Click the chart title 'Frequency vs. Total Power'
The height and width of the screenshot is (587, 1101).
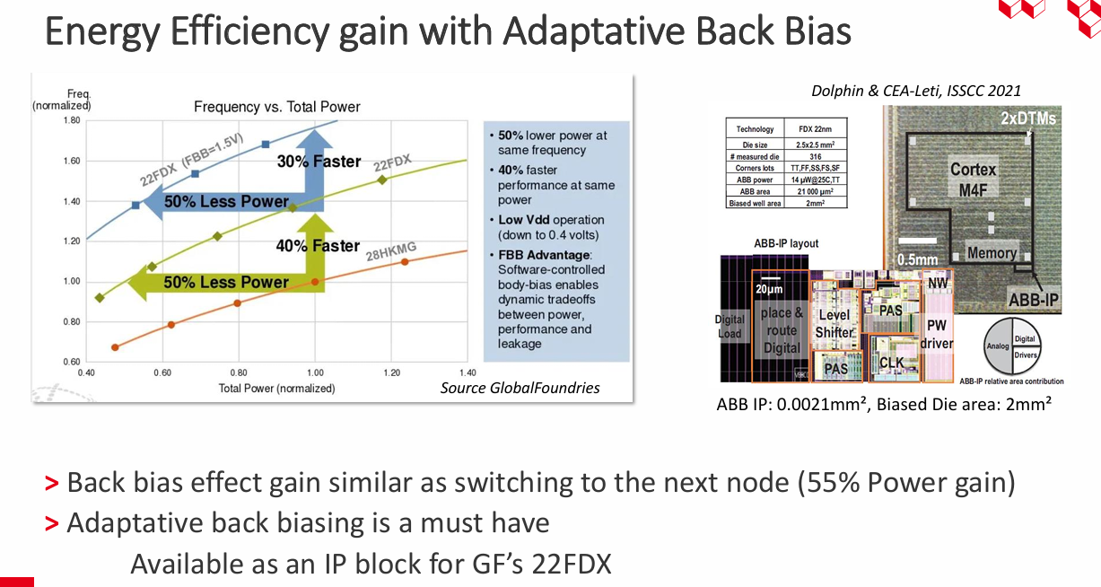pyautogui.click(x=277, y=107)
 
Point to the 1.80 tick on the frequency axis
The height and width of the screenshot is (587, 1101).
pyautogui.click(x=69, y=120)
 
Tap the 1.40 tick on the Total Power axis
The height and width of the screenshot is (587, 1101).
pyautogui.click(x=467, y=372)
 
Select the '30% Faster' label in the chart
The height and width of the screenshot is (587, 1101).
pyautogui.click(x=319, y=162)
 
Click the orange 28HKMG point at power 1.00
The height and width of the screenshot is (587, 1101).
pyautogui.click(x=315, y=282)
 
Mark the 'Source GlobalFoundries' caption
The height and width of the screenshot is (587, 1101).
pyautogui.click(x=520, y=388)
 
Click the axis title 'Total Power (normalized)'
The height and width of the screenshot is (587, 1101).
pyautogui.click(x=276, y=389)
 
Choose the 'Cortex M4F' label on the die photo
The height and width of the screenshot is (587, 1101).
pyautogui.click(x=973, y=178)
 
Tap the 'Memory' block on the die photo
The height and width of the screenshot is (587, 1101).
pyautogui.click(x=992, y=253)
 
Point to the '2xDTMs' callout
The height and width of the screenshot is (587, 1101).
pyautogui.click(x=1028, y=118)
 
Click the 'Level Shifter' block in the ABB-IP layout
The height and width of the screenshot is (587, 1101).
pyautogui.click(x=834, y=324)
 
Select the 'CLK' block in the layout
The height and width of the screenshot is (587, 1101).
pyautogui.click(x=891, y=363)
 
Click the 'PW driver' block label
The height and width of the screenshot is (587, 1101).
pyautogui.click(x=936, y=334)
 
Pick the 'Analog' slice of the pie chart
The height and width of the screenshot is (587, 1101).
pyautogui.click(x=998, y=344)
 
